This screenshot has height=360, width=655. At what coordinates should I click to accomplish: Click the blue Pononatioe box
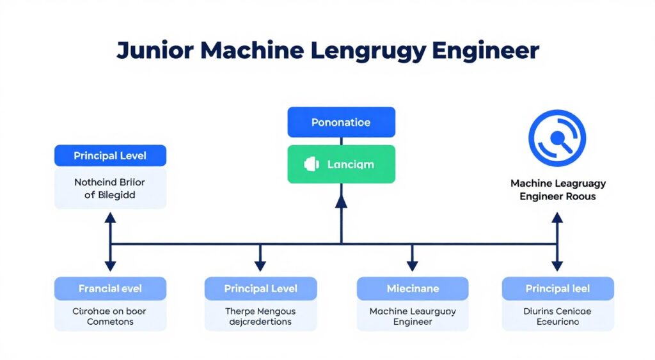tap(341, 122)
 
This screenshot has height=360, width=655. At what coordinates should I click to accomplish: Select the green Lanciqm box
tap(341, 164)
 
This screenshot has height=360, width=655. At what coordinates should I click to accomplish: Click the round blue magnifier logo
tap(556, 138)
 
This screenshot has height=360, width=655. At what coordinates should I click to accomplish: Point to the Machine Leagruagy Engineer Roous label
tap(558, 190)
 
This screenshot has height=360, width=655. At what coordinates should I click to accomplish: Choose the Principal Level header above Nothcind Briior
tap(110, 156)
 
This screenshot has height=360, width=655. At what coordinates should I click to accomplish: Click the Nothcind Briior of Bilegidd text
tap(110, 189)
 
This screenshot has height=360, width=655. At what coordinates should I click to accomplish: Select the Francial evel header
tap(110, 289)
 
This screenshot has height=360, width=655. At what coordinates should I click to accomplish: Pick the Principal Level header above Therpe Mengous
tap(260, 289)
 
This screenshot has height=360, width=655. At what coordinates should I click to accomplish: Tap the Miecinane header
tap(413, 289)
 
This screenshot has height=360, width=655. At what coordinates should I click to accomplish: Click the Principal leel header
tap(557, 289)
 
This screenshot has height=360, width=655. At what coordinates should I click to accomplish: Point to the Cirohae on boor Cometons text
tap(110, 317)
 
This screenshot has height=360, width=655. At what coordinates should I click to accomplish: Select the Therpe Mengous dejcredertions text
tap(260, 317)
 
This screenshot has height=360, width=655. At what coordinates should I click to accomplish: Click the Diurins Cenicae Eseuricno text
tap(557, 317)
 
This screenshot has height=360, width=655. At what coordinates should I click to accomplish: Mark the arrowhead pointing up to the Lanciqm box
tap(341, 201)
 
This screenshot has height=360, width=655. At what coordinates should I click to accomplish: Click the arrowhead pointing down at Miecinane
tap(413, 265)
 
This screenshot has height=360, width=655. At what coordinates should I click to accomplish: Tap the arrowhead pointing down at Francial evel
tap(110, 265)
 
